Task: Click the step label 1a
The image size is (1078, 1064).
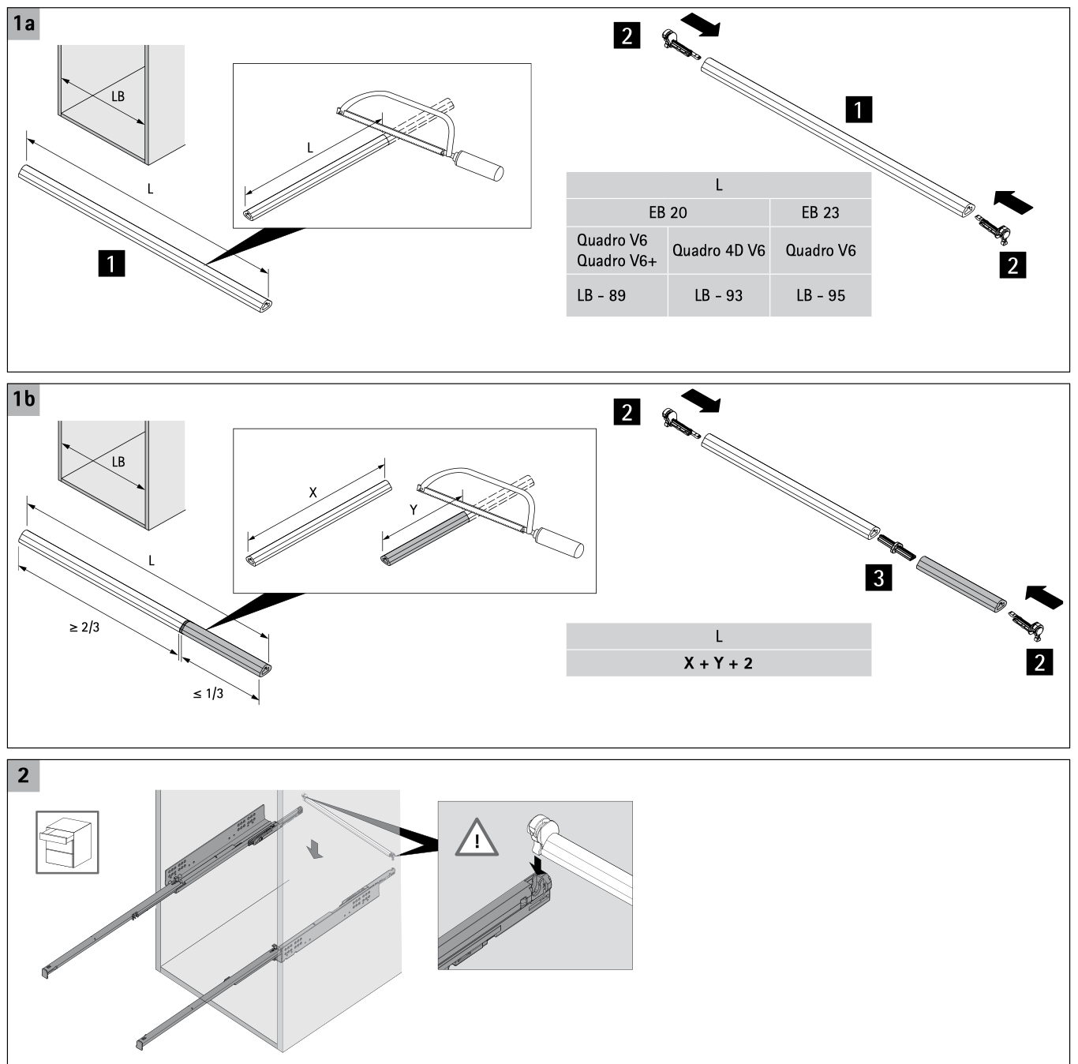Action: click(24, 23)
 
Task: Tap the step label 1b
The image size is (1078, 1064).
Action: click(24, 399)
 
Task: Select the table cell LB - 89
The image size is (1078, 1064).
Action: click(601, 295)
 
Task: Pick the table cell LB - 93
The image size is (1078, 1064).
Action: click(718, 295)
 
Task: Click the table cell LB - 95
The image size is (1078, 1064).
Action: click(820, 295)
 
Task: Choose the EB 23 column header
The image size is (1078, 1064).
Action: click(820, 212)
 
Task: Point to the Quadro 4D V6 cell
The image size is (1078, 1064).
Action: click(718, 250)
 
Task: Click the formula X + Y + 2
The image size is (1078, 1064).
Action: click(718, 663)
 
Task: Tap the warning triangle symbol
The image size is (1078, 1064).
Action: click(477, 838)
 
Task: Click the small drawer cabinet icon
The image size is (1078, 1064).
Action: click(67, 842)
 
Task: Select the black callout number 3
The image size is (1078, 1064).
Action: click(878, 578)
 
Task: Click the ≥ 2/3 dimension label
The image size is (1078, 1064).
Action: click(84, 628)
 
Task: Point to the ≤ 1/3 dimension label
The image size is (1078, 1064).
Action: click(208, 693)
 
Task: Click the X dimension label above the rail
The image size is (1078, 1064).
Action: click(313, 493)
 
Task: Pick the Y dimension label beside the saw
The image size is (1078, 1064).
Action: click(413, 510)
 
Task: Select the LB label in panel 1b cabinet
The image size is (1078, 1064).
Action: click(118, 462)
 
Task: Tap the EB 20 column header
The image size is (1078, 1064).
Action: click(668, 212)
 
